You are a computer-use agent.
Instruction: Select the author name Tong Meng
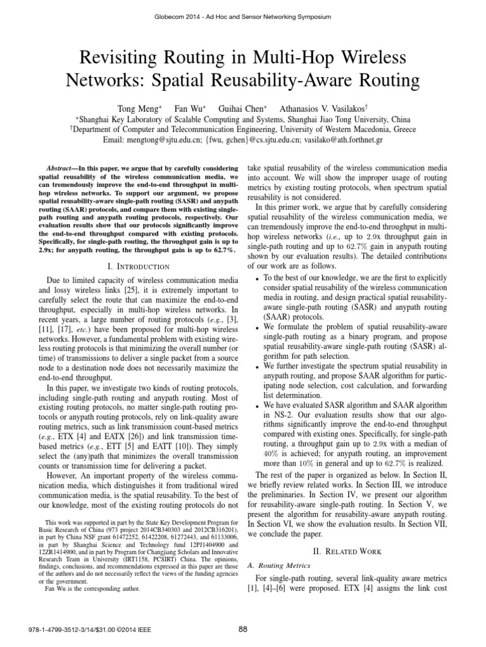tap(128, 109)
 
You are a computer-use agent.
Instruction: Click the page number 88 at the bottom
tap(243, 628)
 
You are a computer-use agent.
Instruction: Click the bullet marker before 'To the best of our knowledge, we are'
tap(256, 278)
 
